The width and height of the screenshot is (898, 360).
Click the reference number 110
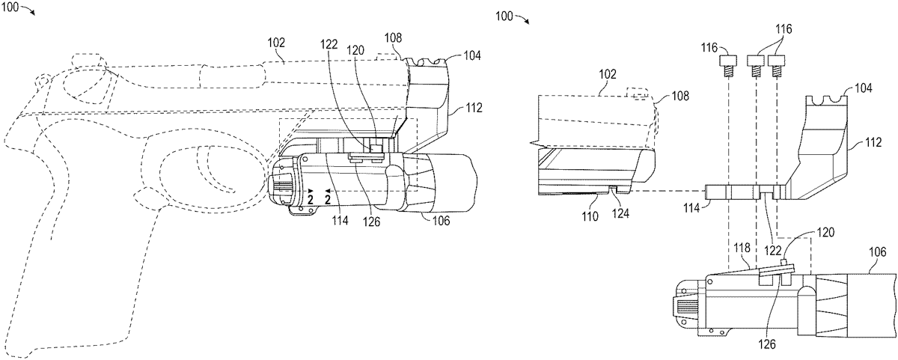[x=590, y=216]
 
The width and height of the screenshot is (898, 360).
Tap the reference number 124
[x=620, y=213]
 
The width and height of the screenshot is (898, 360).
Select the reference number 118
[x=742, y=248]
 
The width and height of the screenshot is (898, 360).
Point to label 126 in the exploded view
[x=767, y=344]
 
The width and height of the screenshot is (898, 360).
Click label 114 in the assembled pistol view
[x=340, y=220]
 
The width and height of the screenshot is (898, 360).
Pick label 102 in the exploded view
[x=608, y=75]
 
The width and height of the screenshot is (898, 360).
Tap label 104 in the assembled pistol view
[x=472, y=55]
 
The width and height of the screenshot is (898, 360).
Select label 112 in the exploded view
[x=873, y=142]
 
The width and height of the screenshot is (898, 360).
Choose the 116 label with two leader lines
[x=784, y=29]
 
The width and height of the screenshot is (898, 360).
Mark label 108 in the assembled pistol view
[x=393, y=38]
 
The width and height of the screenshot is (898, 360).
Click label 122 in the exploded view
[x=772, y=251]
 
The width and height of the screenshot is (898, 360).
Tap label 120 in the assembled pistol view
[x=355, y=50]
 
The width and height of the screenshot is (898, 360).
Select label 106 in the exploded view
[x=878, y=252]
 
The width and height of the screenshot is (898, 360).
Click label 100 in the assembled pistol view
[x=10, y=7]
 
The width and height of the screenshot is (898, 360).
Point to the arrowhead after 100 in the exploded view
[x=527, y=22]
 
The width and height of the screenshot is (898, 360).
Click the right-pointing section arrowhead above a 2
[x=311, y=191]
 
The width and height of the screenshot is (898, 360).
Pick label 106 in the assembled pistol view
[x=442, y=221]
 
